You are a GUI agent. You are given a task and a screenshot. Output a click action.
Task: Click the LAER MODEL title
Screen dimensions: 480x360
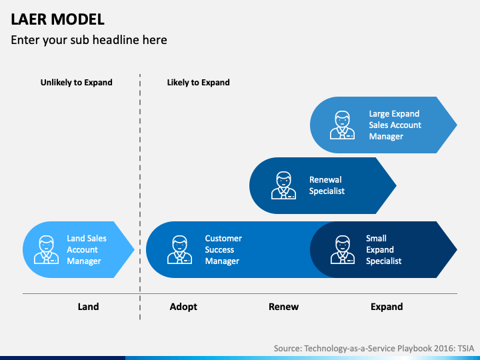(57, 19)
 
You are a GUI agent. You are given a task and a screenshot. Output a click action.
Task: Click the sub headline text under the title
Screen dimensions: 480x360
(89, 40)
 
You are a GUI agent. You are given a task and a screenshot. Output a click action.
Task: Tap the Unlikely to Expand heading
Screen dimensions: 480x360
(76, 83)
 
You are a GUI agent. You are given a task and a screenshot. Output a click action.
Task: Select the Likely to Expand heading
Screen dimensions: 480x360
(199, 83)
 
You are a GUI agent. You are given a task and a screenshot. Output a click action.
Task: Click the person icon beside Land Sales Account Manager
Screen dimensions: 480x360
(46, 249)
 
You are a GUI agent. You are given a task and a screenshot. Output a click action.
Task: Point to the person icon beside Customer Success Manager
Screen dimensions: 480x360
(180, 249)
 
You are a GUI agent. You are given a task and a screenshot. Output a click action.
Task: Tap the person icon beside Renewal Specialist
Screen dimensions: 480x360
(283, 185)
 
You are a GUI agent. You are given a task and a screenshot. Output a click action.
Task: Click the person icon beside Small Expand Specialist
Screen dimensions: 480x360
(343, 249)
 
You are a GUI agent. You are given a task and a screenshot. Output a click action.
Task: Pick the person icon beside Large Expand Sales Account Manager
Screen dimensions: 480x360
(342, 125)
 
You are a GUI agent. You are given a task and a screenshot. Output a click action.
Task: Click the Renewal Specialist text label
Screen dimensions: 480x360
(327, 185)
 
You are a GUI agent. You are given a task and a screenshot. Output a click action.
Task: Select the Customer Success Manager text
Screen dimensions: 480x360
(223, 249)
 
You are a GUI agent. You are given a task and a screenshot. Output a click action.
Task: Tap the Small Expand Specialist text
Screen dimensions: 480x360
(383, 249)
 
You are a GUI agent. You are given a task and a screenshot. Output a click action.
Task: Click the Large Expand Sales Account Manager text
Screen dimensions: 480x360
(395, 125)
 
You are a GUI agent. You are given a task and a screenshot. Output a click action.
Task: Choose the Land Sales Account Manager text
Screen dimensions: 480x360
(87, 249)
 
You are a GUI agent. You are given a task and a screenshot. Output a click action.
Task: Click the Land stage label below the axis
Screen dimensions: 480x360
(88, 307)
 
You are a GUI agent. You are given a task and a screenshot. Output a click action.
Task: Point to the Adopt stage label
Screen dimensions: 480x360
(183, 307)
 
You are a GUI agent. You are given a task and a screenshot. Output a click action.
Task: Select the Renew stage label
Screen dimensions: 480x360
(283, 307)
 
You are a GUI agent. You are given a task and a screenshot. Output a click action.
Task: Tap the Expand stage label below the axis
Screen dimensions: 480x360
(387, 307)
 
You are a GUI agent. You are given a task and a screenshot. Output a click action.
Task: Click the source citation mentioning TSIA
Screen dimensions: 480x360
(374, 349)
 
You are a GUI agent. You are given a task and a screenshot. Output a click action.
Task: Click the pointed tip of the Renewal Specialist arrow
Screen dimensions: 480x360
(396, 185)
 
